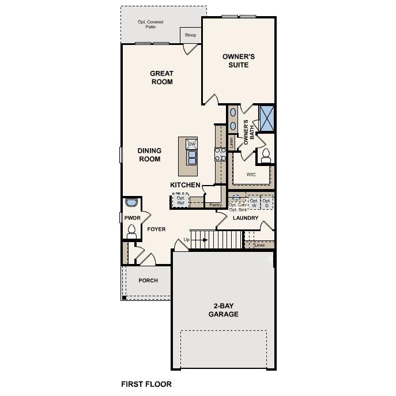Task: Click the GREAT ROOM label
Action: (161, 77)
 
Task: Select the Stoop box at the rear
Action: (190, 35)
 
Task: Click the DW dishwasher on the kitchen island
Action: (192, 144)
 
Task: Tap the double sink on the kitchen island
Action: (192, 157)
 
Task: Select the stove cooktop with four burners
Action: (220, 153)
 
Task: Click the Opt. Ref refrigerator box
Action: (180, 200)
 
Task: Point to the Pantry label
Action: (216, 205)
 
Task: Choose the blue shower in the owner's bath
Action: (267, 118)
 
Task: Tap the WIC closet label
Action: (251, 174)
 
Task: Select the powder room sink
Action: (131, 203)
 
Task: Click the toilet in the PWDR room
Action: (131, 231)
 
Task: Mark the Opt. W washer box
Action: (254, 203)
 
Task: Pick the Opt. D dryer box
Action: (267, 203)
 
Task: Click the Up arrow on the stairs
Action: (187, 239)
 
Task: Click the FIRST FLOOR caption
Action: (146, 383)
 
